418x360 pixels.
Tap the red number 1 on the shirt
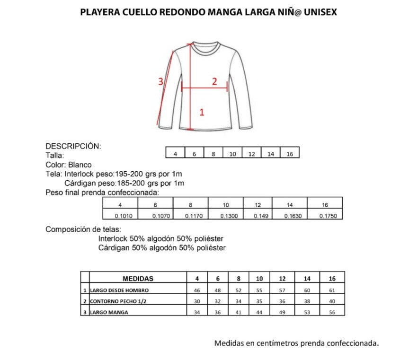(202, 112)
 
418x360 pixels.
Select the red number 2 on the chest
(214, 81)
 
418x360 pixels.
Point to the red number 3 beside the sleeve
(160, 81)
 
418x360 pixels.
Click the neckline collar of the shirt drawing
(205, 45)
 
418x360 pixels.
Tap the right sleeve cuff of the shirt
(246, 126)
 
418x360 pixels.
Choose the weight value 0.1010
(120, 216)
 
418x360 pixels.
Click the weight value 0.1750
(325, 216)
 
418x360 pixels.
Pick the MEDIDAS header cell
(138, 279)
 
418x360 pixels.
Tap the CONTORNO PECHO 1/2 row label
(116, 301)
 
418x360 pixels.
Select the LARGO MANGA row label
(109, 312)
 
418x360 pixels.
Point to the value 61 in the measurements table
(332, 290)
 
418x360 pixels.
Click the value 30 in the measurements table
(197, 301)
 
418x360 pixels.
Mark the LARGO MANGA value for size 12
(283, 312)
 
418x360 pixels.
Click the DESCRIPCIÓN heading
(73, 146)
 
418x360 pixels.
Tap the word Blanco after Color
(80, 165)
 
